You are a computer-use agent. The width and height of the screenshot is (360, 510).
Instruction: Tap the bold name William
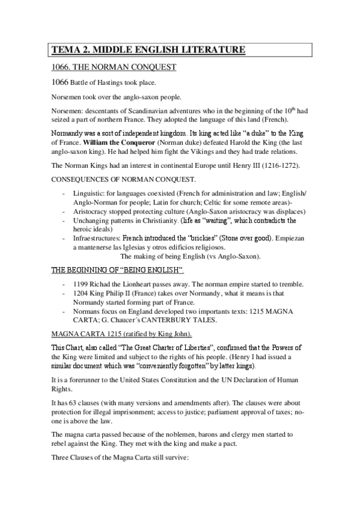coord(100,144)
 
